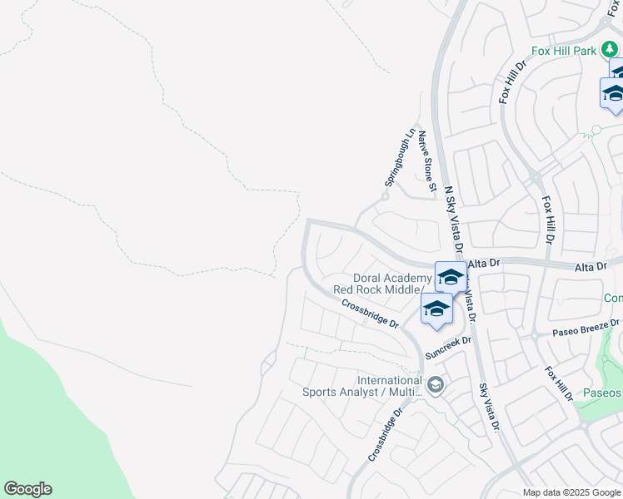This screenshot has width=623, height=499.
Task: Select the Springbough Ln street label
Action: pos(400,157)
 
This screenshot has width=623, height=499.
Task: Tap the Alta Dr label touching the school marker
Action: pos(484,263)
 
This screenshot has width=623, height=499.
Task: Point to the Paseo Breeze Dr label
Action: pos(587,328)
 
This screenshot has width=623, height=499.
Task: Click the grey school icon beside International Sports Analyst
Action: pos(435,386)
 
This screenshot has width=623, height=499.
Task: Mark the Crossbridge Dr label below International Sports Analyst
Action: pos(386,435)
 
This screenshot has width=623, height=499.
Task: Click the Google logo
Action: pos(27,489)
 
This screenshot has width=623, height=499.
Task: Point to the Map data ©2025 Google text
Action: pos(572,492)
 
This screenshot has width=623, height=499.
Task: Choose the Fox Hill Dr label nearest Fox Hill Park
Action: pos(513,82)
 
